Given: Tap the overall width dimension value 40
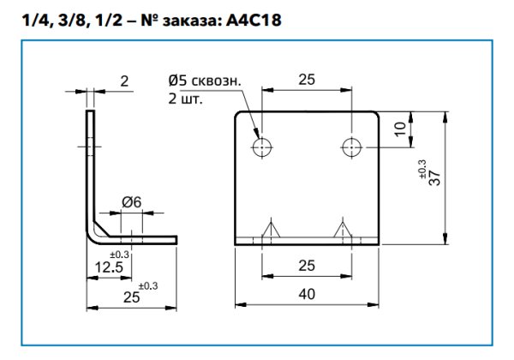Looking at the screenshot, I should coord(307,294).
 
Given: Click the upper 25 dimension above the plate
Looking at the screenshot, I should coord(306,79).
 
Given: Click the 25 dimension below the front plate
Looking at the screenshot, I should coord(306,267).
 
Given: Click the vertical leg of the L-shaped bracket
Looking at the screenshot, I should coord(89,163).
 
